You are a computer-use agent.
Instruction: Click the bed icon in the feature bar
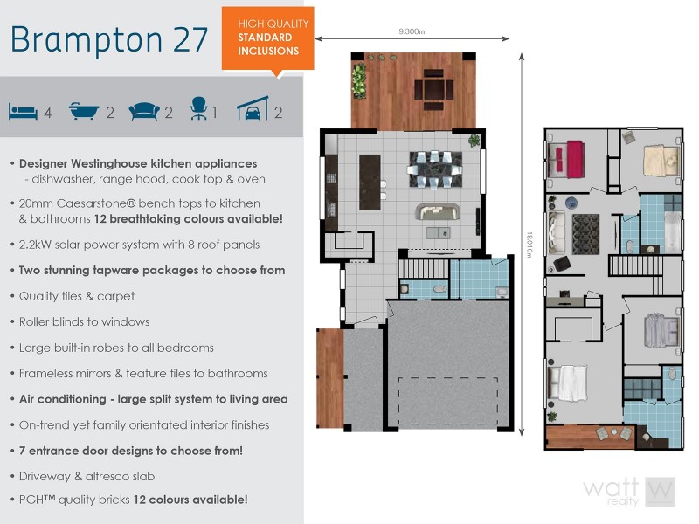pos(24,112)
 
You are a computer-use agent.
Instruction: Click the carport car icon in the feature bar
pos(253,110)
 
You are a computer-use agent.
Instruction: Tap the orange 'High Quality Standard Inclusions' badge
pos(267,38)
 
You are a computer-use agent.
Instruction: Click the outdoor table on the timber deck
pos(433,89)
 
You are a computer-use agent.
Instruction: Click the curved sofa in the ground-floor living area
pos(436,212)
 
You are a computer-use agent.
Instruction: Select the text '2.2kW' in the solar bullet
pos(36,245)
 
